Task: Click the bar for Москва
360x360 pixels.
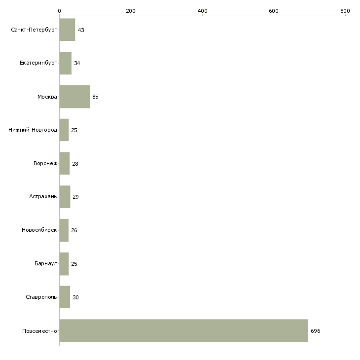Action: tap(74, 97)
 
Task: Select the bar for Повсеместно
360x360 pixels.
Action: tap(183, 330)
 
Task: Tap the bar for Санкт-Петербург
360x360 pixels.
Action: tap(67, 30)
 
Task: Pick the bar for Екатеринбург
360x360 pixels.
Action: tap(65, 63)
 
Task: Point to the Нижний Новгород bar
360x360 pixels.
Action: tap(64, 130)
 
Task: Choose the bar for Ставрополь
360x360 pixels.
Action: tap(65, 297)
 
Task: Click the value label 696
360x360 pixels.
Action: tap(316, 331)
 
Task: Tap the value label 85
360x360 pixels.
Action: tap(95, 97)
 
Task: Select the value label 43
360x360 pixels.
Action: tap(81, 30)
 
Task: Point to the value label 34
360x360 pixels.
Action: tap(77, 64)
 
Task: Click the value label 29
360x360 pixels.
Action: tap(75, 197)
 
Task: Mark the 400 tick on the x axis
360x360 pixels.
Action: tap(202, 11)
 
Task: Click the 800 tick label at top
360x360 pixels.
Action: tap(345, 11)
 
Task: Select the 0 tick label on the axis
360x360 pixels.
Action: tap(59, 11)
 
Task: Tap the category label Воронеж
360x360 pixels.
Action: tap(45, 164)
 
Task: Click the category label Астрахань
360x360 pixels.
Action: tap(43, 197)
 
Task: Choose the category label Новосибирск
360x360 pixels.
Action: tap(39, 230)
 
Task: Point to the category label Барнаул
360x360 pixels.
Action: tap(46, 264)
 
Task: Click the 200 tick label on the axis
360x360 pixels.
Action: tap(131, 11)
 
